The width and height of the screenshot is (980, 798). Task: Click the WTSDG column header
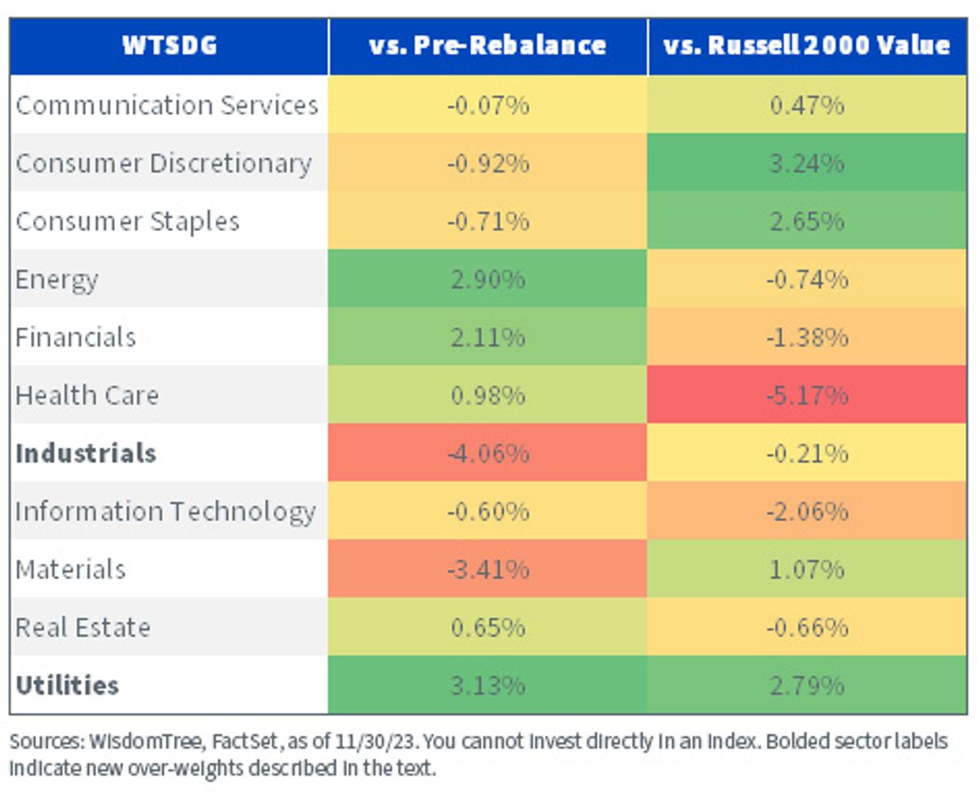pos(169,46)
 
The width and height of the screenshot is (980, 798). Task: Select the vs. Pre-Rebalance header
pos(488,46)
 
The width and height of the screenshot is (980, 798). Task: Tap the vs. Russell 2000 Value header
pos(807,46)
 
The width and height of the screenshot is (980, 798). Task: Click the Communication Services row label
pos(167,105)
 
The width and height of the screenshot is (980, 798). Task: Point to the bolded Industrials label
pos(86,452)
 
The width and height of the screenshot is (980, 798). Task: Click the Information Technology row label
pos(165,512)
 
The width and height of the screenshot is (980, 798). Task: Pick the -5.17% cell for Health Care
pos(807,395)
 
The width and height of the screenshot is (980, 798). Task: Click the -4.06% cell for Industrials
pos(488,452)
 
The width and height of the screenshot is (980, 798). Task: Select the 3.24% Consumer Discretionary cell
pos(807,163)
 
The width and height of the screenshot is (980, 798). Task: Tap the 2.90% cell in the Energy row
pos(488,279)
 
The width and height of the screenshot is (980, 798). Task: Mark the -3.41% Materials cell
pos(488,568)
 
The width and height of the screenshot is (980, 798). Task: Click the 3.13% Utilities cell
pos(488,685)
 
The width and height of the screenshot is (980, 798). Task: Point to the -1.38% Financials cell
pos(807,337)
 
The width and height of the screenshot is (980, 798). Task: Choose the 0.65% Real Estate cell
pos(488,626)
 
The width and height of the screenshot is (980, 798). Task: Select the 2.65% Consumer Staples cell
pos(807,221)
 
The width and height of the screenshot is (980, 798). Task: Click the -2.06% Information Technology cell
pos(807,510)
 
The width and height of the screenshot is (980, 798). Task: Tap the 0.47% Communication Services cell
pos(807,105)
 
